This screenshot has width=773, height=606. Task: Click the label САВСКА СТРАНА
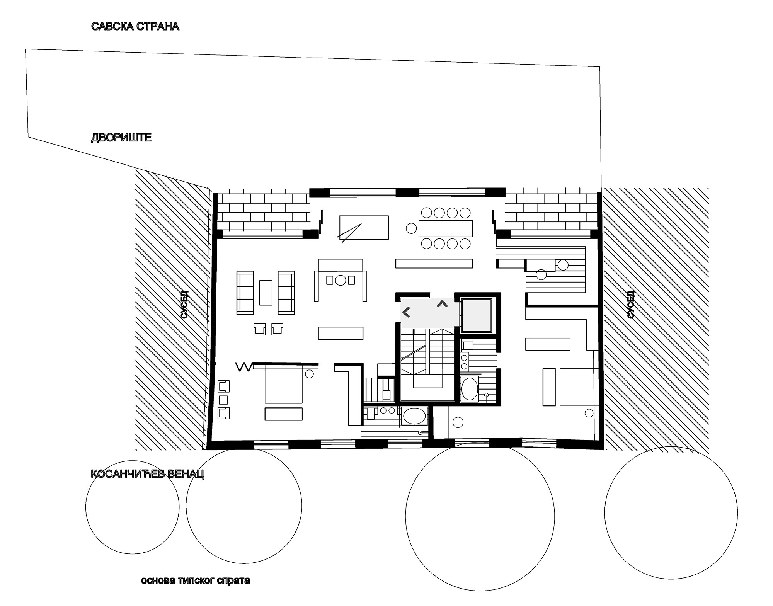click(x=135, y=26)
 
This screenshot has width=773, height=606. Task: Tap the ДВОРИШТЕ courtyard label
click(x=121, y=138)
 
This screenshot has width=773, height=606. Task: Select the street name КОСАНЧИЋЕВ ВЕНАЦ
click(x=147, y=474)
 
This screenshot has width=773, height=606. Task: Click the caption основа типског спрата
click(x=195, y=580)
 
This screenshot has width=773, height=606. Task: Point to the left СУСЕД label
click(x=184, y=305)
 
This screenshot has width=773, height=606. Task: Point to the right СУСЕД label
click(x=630, y=305)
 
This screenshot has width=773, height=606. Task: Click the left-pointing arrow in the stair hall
click(x=406, y=312)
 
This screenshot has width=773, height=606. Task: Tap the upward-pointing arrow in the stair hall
click(x=442, y=304)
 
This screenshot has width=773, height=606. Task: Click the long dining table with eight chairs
click(x=446, y=228)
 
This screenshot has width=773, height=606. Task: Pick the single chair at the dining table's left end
click(x=410, y=228)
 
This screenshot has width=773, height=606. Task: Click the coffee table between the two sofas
click(x=266, y=292)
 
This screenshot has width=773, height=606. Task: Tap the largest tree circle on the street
click(x=480, y=516)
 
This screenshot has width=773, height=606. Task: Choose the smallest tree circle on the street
click(x=132, y=507)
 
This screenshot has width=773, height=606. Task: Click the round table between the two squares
click(x=341, y=280)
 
